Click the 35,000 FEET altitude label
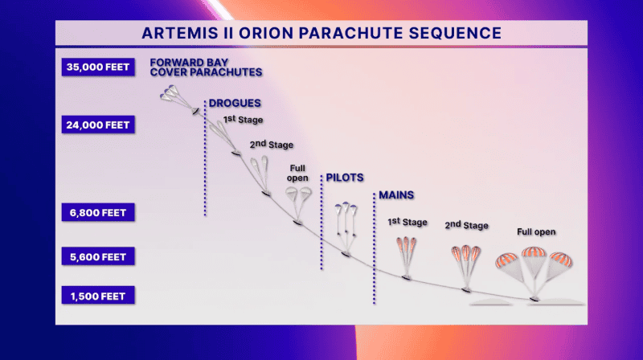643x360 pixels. tap(96, 67)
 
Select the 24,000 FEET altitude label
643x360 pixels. tap(96, 125)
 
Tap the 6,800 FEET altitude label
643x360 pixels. tap(96, 212)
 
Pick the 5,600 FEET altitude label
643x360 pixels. tap(96, 257)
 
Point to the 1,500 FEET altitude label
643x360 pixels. tap(96, 296)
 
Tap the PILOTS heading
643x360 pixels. tap(345, 178)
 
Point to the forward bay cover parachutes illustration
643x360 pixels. tap(178, 99)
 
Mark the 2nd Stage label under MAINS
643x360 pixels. tap(466, 226)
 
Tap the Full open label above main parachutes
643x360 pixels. tap(536, 232)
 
